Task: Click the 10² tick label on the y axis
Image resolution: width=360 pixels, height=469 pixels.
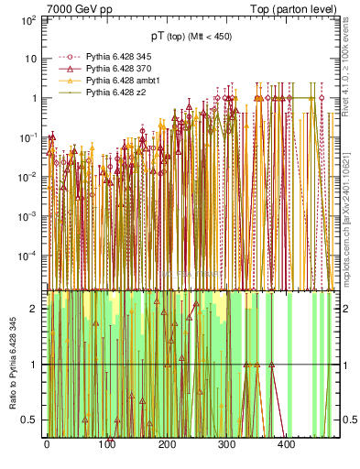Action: point(30,18)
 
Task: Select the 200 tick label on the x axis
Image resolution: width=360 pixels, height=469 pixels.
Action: point(166,444)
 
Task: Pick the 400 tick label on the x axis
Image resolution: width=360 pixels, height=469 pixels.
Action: point(285,444)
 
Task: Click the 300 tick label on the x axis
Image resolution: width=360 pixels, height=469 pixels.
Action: point(225,444)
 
